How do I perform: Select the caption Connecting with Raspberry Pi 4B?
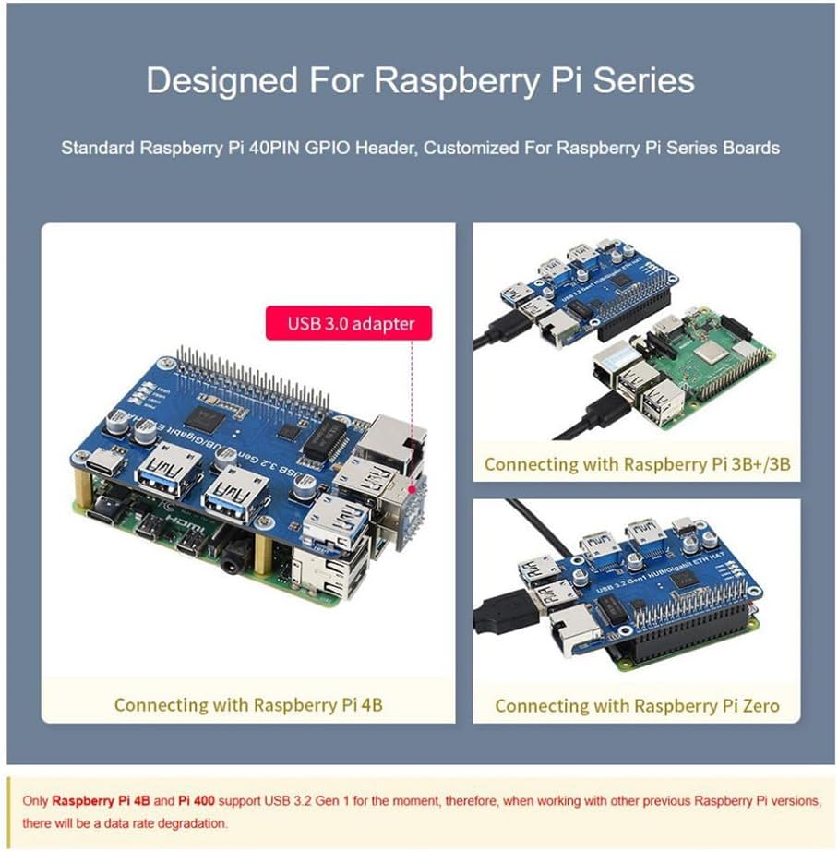pyautogui.click(x=247, y=705)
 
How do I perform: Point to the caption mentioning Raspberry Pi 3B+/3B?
pyautogui.click(x=637, y=463)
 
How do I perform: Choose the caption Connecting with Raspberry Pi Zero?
pyautogui.click(x=637, y=706)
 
